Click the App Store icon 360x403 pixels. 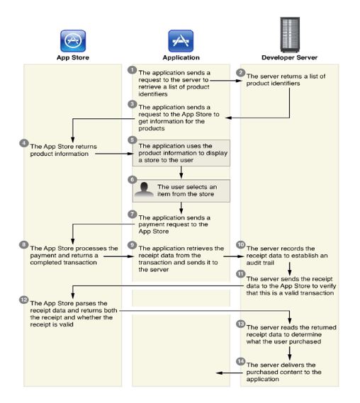point(73,41)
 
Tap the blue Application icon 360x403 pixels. point(181,41)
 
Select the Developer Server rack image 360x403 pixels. point(290,35)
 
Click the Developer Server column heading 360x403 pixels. point(290,57)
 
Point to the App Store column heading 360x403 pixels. point(73,57)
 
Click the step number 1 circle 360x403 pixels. point(133,70)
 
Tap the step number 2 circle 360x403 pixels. point(241,73)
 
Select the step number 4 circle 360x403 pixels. point(24,143)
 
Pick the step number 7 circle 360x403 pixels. point(133,214)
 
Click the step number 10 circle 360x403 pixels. point(241,244)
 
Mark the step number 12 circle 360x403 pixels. point(24,300)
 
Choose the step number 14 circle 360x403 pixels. point(241,361)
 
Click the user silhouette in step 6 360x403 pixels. point(144,189)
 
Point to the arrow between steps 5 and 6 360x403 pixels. point(181,172)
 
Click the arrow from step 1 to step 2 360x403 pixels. point(226,81)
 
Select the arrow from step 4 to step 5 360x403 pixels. point(114,154)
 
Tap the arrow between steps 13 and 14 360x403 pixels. point(290,353)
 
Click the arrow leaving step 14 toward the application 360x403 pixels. point(229,373)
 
